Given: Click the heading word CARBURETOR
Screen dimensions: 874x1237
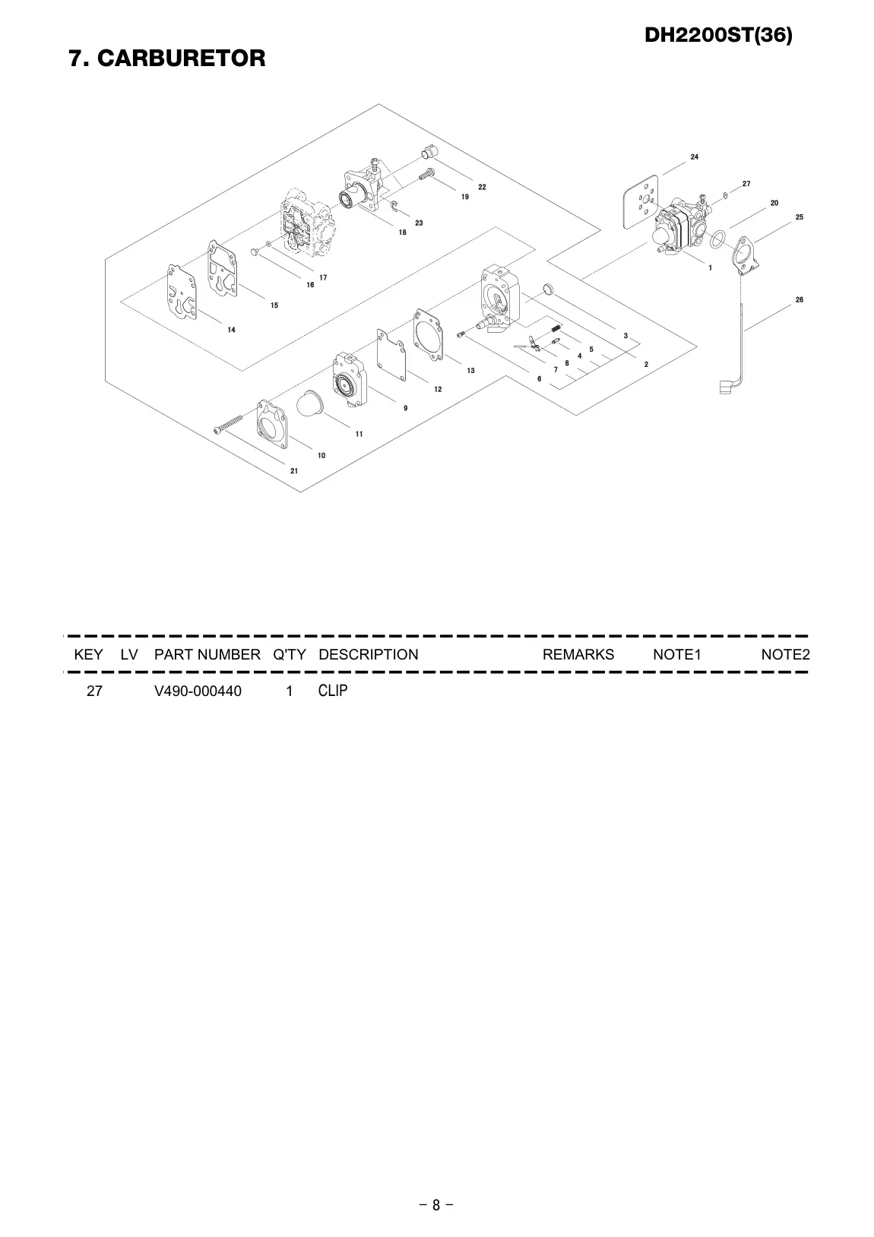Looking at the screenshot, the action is (181, 58).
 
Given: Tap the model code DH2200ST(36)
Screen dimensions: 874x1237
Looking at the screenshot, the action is (718, 35).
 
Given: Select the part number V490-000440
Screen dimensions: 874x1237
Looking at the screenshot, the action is (198, 691).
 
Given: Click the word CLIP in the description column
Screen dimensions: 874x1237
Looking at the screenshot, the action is (333, 690).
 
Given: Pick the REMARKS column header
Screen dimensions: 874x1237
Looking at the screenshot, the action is (578, 654).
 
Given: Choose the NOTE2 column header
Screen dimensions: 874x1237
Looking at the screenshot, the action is (785, 654).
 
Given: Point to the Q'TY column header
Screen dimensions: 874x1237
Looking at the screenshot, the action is (289, 654).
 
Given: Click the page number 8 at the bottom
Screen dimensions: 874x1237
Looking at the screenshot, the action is (436, 1204).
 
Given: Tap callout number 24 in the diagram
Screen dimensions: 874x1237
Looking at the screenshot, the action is (695, 157).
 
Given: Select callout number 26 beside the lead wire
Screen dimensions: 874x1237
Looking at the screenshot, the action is (800, 300).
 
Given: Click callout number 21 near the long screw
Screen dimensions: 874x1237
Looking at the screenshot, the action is (294, 471).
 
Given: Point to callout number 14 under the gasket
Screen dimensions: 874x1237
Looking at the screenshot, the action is (232, 330).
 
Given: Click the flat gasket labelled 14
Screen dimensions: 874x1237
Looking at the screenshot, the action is (182, 292).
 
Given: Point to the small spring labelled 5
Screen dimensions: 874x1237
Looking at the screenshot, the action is (557, 328).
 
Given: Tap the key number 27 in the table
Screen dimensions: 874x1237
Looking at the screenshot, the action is (94, 691).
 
